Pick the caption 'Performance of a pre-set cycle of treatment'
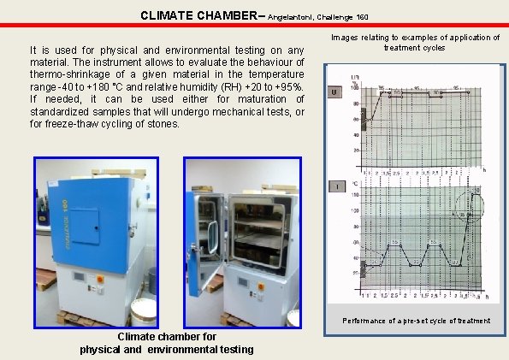(x=417, y=321)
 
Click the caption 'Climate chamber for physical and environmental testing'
(x=166, y=343)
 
